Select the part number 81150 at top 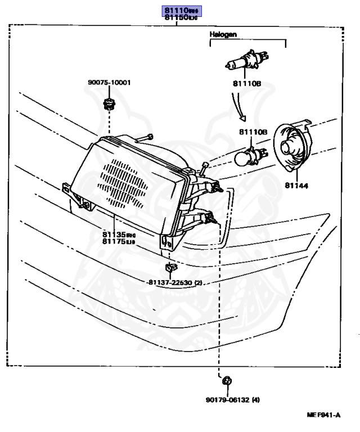point(181,19)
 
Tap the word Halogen point(223,34)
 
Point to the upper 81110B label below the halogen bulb point(247,84)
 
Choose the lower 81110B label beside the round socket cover point(253,132)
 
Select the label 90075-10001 point(109,82)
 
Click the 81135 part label point(119,234)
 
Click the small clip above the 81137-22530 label point(170,267)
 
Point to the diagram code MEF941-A point(323,416)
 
